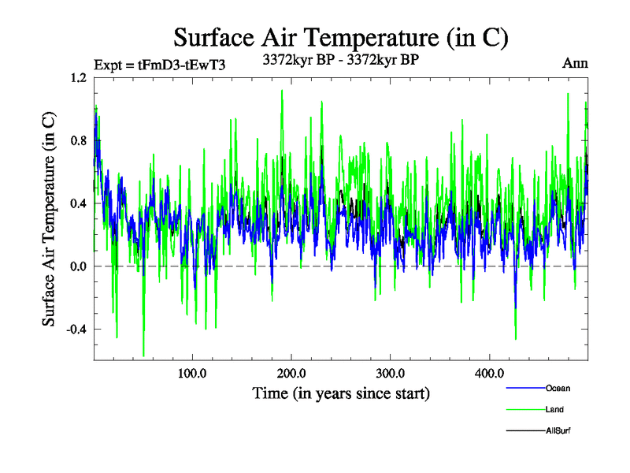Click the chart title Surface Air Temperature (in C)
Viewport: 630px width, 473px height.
(x=341, y=37)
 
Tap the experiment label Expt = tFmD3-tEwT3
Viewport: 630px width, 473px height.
(x=160, y=65)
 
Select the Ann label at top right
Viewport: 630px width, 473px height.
(x=575, y=63)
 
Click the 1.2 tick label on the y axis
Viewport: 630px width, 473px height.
(x=78, y=77)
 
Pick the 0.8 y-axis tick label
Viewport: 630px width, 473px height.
(x=78, y=140)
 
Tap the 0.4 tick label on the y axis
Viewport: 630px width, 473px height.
(x=78, y=203)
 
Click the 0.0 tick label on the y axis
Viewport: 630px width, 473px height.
(x=78, y=266)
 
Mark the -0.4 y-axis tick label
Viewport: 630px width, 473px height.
(x=76, y=330)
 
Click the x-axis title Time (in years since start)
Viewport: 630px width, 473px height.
(x=341, y=393)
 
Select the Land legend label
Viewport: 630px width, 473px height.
(x=554, y=410)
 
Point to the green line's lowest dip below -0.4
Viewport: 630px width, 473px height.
(x=143, y=356)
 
